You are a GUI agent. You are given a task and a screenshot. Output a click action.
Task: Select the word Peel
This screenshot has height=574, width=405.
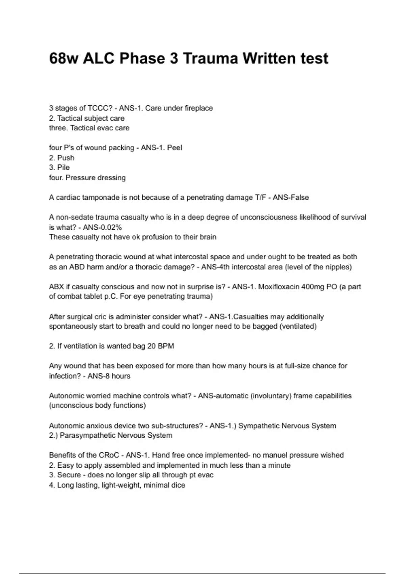[174, 148]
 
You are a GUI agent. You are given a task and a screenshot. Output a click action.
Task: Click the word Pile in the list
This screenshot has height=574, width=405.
[63, 167]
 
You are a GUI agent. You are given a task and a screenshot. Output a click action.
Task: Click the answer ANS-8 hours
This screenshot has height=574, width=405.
[109, 376]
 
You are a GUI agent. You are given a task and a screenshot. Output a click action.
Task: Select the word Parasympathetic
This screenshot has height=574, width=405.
[87, 435]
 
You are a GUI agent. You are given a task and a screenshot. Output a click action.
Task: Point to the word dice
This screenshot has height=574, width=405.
[178, 485]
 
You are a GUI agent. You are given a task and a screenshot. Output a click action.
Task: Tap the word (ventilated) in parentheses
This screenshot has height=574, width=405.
[298, 326]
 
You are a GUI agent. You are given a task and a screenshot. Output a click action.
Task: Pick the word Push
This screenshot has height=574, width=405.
[65, 158]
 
